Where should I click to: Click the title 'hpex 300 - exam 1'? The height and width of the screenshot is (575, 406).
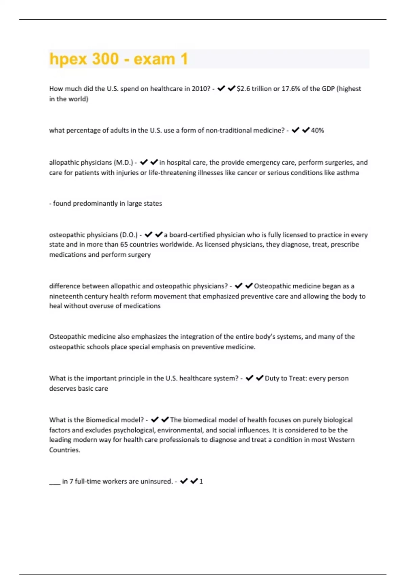[x=118, y=59]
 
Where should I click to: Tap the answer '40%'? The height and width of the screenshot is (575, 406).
[x=317, y=130]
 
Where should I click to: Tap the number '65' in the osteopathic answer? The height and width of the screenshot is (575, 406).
[x=124, y=245]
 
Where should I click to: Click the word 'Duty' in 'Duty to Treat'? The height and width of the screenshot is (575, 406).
[x=272, y=378]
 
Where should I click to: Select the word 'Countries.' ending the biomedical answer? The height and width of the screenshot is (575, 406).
[x=65, y=450]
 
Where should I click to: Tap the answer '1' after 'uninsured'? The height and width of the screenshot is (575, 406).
[x=201, y=481]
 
